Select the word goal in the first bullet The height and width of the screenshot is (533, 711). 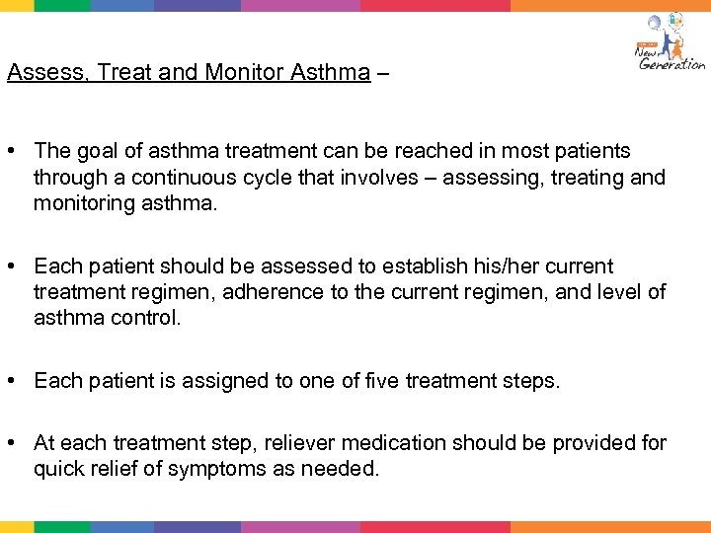pos(95,151)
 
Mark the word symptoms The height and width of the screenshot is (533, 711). pos(215,469)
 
